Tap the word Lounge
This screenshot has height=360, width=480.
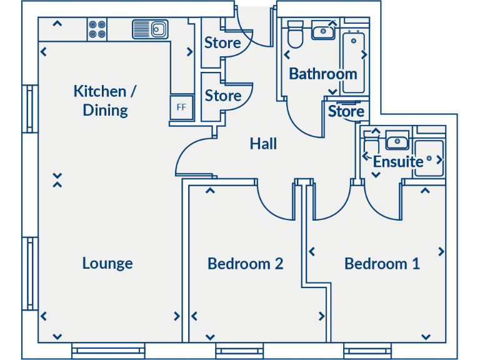point(107,263)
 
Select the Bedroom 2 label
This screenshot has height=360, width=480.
point(246,263)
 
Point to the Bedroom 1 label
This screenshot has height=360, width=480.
point(382,263)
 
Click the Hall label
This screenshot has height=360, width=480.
point(263,144)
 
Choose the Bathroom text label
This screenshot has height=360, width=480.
point(323,74)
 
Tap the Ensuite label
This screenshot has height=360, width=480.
point(398,161)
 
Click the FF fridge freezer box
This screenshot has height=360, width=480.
point(182,107)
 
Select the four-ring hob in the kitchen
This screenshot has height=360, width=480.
point(97,29)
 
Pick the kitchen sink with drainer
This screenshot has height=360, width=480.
point(151,29)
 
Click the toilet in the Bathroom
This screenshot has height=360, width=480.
point(294,36)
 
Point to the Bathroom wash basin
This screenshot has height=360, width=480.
point(324,29)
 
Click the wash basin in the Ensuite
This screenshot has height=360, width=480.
point(397,141)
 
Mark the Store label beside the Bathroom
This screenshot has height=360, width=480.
point(346,111)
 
